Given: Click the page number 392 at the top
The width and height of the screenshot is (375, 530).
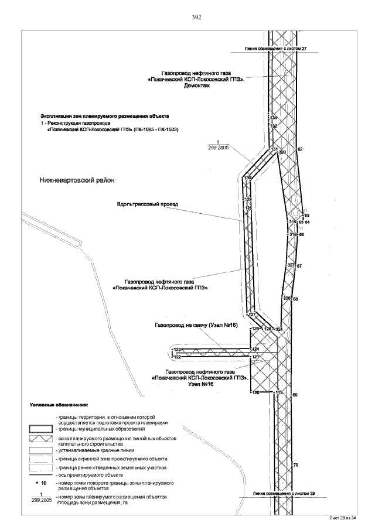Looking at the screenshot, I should (x=197, y=18).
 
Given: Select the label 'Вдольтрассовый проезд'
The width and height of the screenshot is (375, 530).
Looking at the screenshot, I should (x=147, y=204).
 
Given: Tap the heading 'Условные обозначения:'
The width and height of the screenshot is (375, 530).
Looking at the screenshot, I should (x=59, y=404).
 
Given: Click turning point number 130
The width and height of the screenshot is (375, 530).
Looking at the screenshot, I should (x=247, y=178).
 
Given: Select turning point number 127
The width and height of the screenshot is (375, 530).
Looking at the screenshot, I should (x=253, y=315).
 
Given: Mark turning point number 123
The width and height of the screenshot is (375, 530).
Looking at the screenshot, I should (x=177, y=350).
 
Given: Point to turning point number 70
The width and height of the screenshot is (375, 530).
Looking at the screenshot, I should (x=295, y=465).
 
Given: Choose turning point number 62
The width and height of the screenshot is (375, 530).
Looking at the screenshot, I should (x=300, y=150).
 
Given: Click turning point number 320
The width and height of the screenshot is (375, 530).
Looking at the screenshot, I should (x=282, y=152).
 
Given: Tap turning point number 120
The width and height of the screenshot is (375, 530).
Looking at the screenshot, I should (x=255, y=392).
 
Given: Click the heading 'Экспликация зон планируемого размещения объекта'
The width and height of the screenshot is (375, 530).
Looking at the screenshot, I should (x=104, y=116).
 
